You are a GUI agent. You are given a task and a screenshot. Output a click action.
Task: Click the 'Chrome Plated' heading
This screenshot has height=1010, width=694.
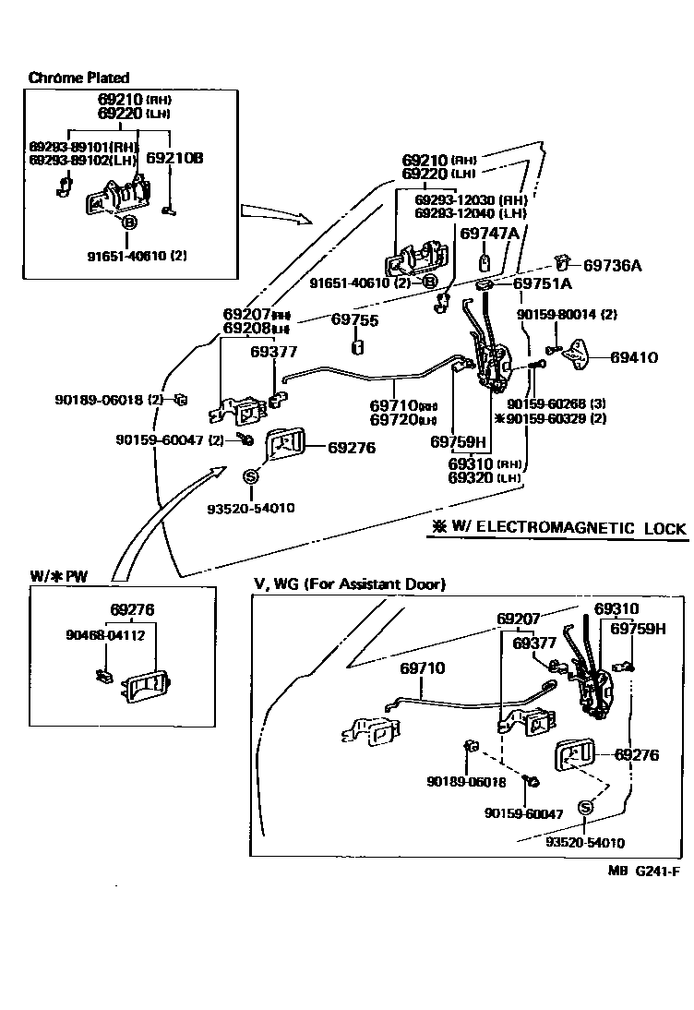[x=78, y=78]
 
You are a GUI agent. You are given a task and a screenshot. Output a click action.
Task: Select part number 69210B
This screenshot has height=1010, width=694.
[x=174, y=158]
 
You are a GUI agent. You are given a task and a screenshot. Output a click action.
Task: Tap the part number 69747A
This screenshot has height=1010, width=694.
[x=489, y=234]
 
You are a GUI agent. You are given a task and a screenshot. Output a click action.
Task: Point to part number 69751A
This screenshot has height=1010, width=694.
[x=543, y=283]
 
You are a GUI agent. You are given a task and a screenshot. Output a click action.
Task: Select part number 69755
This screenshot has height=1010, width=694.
[x=354, y=319]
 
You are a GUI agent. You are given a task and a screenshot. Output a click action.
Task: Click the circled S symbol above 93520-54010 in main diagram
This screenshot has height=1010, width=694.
[x=249, y=475]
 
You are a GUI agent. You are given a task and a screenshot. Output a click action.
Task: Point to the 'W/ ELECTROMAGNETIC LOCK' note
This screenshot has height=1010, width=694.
[x=558, y=528]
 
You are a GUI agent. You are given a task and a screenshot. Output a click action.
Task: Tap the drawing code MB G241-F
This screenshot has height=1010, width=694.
[x=644, y=870]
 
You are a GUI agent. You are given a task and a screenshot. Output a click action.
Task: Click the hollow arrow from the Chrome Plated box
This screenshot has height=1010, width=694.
[x=275, y=215]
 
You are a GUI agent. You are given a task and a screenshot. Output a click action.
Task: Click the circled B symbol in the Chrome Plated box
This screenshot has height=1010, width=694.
[x=128, y=222]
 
